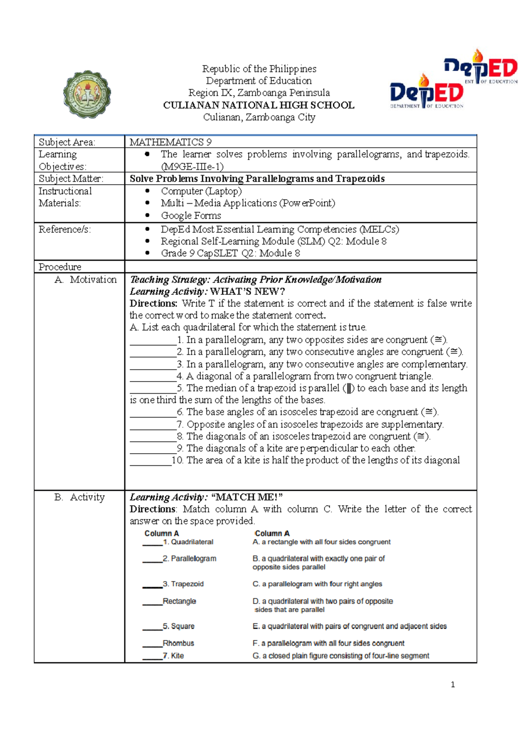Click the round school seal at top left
click(87, 95)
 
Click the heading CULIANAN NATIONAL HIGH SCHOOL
click(259, 105)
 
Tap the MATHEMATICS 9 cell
click(171, 142)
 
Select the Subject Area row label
click(67, 142)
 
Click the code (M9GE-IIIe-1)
click(192, 167)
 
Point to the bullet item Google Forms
click(191, 215)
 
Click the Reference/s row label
click(65, 229)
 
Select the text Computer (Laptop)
click(201, 191)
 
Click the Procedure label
click(60, 267)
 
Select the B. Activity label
click(80, 497)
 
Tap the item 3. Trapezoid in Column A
click(183, 584)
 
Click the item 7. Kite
click(174, 656)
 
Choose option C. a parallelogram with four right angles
click(317, 584)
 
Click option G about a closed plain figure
click(341, 656)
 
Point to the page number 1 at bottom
click(452, 684)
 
